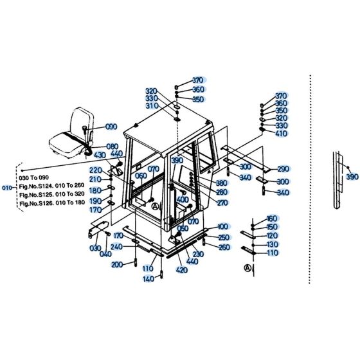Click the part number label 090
point(112,127)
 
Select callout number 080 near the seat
point(112,146)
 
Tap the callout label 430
point(100,155)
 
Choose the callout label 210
point(95,179)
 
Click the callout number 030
point(95,248)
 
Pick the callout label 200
point(117,265)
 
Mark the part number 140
point(148,278)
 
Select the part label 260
point(224,248)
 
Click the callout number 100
point(222,227)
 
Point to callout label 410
point(281,134)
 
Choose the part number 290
point(283,169)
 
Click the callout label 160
point(271,219)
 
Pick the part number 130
point(272,244)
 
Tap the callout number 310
point(151,106)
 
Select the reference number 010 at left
point(8,188)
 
